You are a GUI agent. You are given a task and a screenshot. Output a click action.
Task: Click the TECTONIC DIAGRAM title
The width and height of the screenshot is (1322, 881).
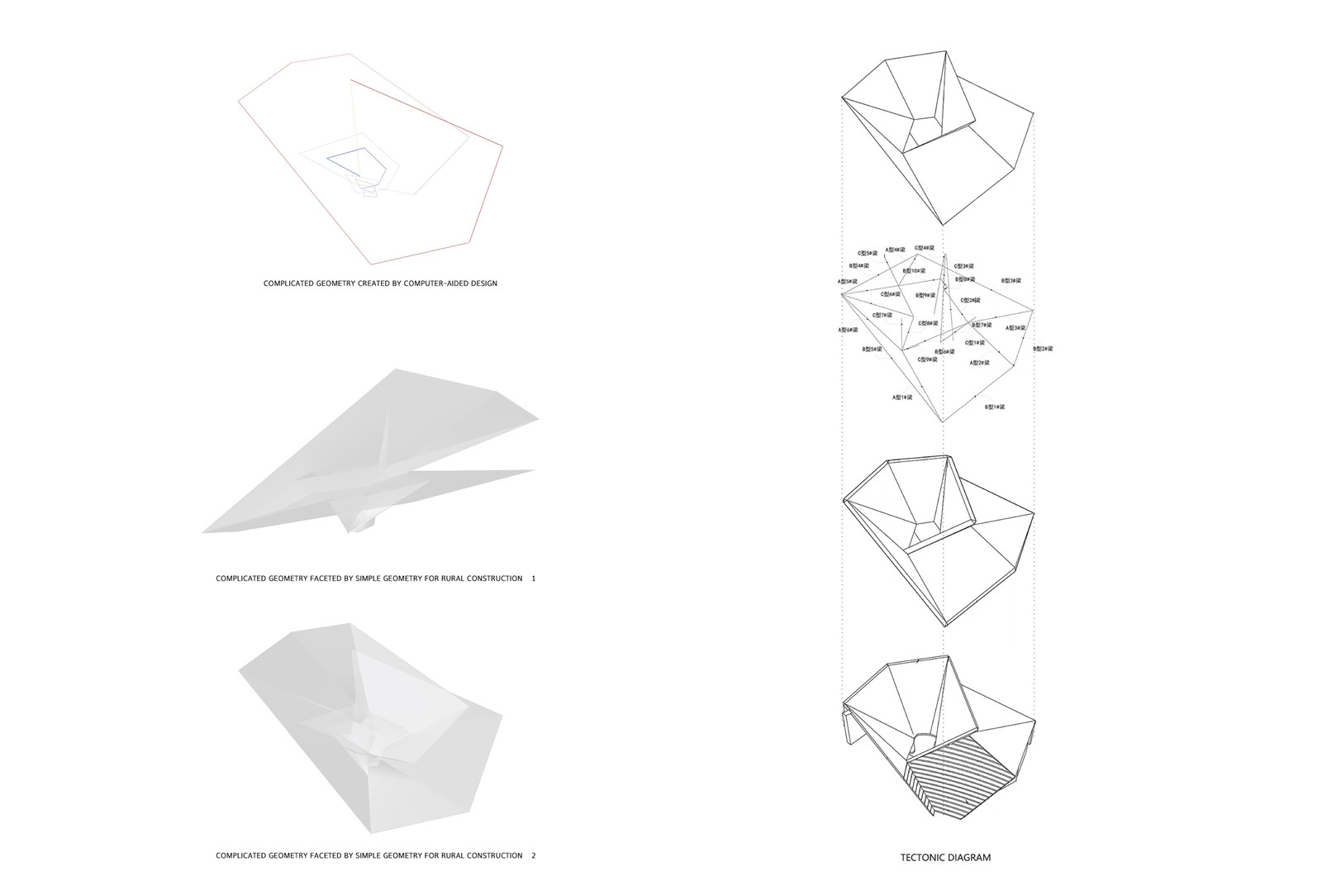945,857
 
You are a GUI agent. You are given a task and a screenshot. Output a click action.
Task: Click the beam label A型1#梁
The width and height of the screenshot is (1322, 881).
901,398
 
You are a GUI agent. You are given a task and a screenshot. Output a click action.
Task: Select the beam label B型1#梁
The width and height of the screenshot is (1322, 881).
994,407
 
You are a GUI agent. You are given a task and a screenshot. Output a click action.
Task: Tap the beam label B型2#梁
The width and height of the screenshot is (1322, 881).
1043,349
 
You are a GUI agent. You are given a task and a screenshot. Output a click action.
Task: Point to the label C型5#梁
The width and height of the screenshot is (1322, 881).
867,253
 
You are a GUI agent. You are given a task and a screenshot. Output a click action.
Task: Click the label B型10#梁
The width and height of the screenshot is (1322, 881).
914,271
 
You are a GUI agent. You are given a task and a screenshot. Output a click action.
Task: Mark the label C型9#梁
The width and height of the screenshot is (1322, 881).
927,360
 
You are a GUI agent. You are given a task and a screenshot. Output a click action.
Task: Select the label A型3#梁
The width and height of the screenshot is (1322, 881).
1015,328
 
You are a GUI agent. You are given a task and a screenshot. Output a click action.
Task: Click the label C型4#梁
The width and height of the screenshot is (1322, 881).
924,247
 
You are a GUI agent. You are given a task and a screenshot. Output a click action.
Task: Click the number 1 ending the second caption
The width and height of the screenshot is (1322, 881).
533,579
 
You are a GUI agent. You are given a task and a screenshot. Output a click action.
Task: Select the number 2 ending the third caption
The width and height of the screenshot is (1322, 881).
533,855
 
